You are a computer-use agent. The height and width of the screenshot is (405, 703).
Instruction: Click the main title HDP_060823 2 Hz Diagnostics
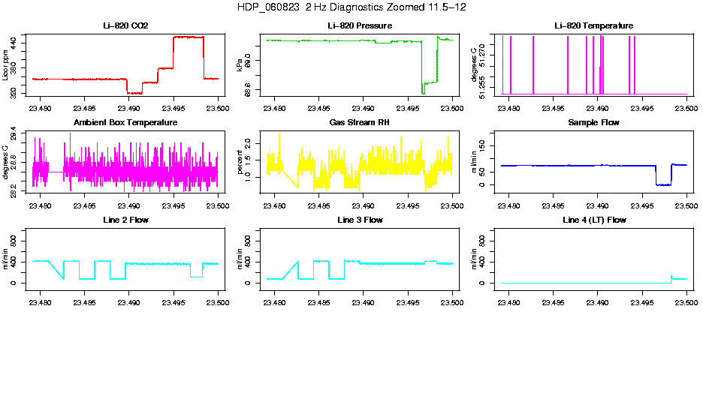click(351, 7)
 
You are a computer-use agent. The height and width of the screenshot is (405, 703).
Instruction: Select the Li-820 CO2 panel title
click(125, 26)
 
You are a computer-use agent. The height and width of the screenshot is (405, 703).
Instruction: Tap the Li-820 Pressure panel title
click(360, 26)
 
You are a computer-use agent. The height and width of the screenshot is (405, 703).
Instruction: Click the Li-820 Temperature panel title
click(593, 26)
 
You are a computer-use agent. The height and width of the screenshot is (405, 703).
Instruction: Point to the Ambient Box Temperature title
click(125, 122)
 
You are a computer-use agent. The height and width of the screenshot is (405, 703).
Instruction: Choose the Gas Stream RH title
click(360, 122)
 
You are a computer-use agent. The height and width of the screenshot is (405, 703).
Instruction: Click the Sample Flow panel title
click(593, 122)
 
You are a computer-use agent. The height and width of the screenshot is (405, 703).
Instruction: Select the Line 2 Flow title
click(125, 220)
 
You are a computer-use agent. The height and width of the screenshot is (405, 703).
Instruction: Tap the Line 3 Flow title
click(360, 220)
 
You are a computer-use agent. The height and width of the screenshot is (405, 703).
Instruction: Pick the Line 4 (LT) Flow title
click(593, 220)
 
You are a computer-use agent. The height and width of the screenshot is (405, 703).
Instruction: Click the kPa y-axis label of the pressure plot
click(240, 66)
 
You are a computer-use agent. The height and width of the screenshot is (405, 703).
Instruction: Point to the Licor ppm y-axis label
click(6, 66)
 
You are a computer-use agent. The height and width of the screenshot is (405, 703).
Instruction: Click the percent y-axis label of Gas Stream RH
click(240, 162)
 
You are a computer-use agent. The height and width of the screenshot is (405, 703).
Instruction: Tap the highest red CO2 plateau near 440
click(188, 37)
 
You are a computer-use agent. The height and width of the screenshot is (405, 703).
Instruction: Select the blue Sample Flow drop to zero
click(663, 184)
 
